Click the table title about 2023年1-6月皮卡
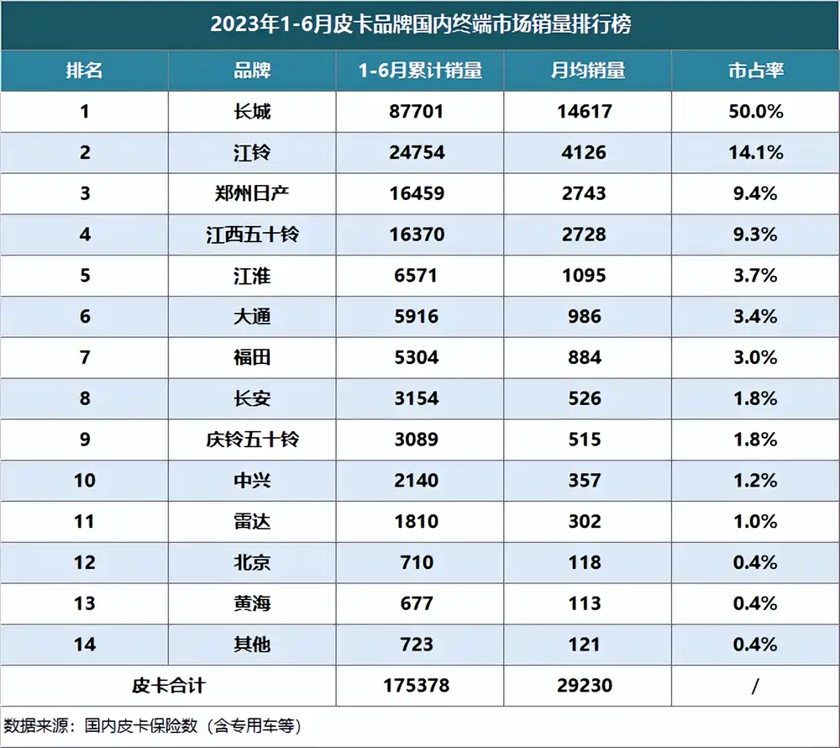(x=420, y=24)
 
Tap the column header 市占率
(x=755, y=71)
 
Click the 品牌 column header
(x=252, y=71)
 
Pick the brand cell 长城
(x=252, y=112)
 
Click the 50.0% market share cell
(x=755, y=112)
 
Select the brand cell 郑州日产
(x=252, y=194)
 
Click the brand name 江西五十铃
(x=252, y=234)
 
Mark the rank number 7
(x=84, y=358)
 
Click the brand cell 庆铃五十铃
(x=252, y=440)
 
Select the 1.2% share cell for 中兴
(x=755, y=481)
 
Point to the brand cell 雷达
(x=252, y=522)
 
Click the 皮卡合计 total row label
(x=168, y=686)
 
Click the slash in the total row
(x=755, y=686)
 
